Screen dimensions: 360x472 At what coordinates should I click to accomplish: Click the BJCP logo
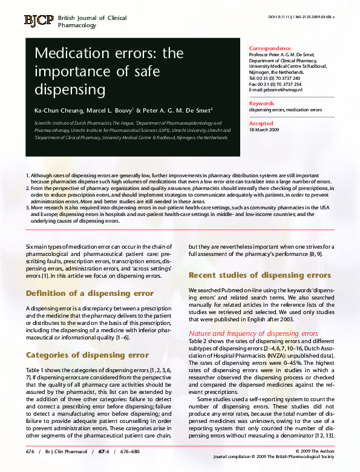click(x=39, y=21)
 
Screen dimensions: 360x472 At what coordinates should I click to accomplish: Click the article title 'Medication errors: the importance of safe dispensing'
click(x=109, y=72)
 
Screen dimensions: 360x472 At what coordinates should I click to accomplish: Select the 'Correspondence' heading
click(x=269, y=48)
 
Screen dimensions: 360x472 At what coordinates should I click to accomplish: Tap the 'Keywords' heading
click(x=262, y=103)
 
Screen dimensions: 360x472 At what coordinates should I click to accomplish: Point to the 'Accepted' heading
click(x=261, y=123)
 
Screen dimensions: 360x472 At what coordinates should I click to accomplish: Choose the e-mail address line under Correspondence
click(x=275, y=90)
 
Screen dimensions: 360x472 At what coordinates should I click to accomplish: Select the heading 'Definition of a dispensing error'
click(x=90, y=293)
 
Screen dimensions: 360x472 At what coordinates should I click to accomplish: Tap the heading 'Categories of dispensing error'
click(x=87, y=355)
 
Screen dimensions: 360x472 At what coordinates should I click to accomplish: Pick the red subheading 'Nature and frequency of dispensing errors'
click(x=254, y=333)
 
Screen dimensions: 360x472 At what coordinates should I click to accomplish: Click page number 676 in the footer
click(x=30, y=451)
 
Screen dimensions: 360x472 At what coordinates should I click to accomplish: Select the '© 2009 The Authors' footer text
click(x=315, y=451)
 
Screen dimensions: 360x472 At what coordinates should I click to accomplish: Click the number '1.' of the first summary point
click(x=27, y=175)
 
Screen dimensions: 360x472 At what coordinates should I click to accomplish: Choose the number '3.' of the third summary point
click(x=27, y=207)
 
